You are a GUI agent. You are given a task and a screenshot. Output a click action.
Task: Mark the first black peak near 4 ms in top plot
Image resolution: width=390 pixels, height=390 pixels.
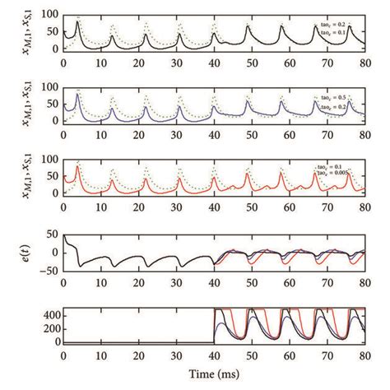(x=78, y=22)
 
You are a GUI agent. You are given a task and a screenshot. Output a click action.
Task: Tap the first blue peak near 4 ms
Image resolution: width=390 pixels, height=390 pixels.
(x=78, y=94)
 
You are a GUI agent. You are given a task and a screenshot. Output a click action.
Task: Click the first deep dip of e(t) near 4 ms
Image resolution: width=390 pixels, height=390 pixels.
(x=79, y=266)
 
